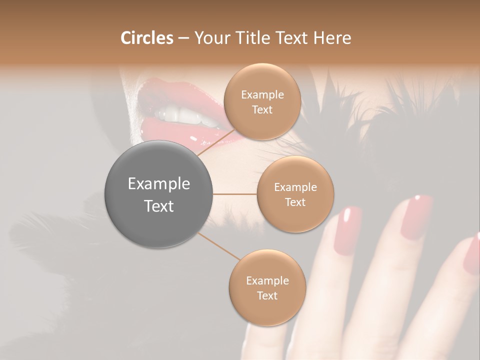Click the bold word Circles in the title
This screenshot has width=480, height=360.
pyautogui.click(x=146, y=38)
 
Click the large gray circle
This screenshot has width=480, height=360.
pyautogui.click(x=159, y=194)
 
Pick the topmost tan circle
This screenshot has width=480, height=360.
pyautogui.click(x=262, y=101)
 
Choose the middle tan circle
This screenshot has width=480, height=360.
pyautogui.click(x=295, y=194)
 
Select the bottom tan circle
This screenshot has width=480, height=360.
pyautogui.click(x=267, y=287)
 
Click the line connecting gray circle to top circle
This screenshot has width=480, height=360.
pyautogui.click(x=216, y=142)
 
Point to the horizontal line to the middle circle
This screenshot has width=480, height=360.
pyautogui.click(x=235, y=194)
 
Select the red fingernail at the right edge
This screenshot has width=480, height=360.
pyautogui.click(x=472, y=255)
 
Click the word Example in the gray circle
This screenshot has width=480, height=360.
pyautogui.click(x=159, y=184)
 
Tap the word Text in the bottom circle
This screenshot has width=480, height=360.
pyautogui.click(x=267, y=295)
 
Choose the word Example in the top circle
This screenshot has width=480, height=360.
pyautogui.click(x=262, y=94)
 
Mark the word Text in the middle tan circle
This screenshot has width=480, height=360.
pyautogui.click(x=295, y=202)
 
